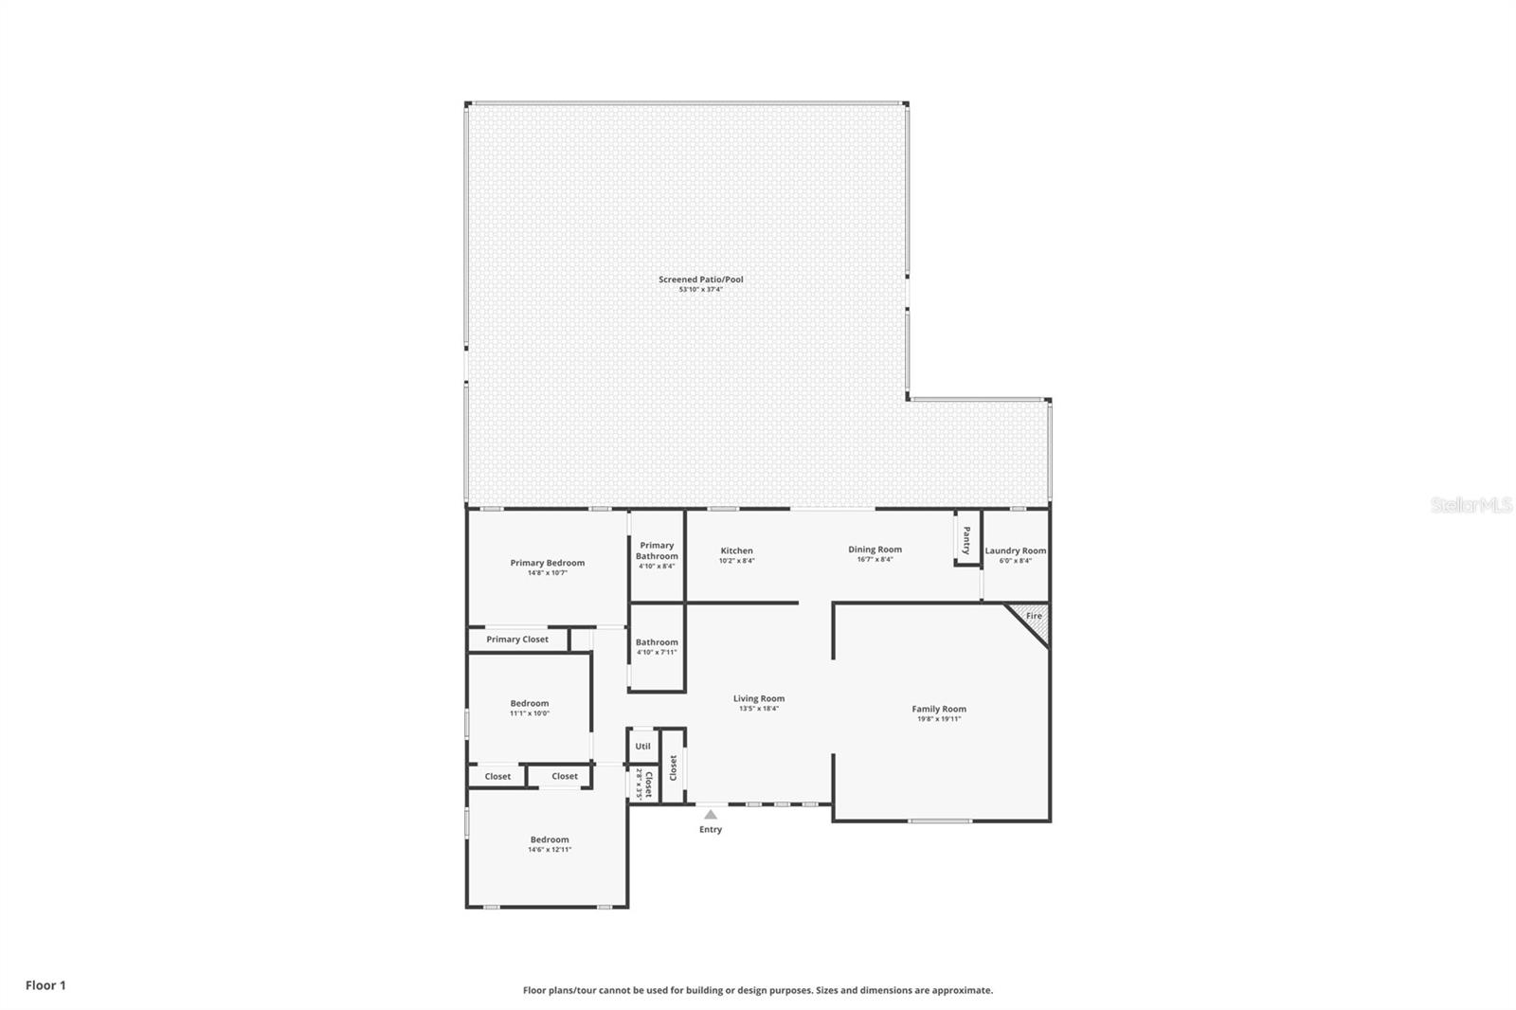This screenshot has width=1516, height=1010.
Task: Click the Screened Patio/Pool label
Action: [701, 280]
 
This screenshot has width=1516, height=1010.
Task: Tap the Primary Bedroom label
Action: [547, 563]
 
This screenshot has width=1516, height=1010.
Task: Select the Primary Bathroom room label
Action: [657, 550]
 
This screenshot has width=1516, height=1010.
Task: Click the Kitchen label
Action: [736, 550]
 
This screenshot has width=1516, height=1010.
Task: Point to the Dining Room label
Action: [875, 550]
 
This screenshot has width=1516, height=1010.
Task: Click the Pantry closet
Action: [966, 540]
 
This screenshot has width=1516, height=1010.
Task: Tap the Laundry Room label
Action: [1015, 550]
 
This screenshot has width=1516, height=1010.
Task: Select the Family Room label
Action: [939, 709]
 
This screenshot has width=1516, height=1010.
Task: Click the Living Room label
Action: [759, 698]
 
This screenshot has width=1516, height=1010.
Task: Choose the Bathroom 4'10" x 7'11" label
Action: [657, 642]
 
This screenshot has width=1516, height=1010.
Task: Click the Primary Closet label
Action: [517, 640]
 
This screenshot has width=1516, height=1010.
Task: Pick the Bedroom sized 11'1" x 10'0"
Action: [529, 703]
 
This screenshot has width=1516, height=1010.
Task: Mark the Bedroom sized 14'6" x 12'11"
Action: [550, 839]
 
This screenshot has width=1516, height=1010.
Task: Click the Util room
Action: [642, 747]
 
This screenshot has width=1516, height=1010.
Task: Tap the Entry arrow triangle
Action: [711, 814]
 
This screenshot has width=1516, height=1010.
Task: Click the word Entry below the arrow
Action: [711, 830]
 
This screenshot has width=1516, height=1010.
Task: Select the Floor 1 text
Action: [45, 985]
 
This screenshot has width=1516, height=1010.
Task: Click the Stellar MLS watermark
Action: [1471, 505]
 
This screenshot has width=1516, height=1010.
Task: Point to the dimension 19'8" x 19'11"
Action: [939, 719]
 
